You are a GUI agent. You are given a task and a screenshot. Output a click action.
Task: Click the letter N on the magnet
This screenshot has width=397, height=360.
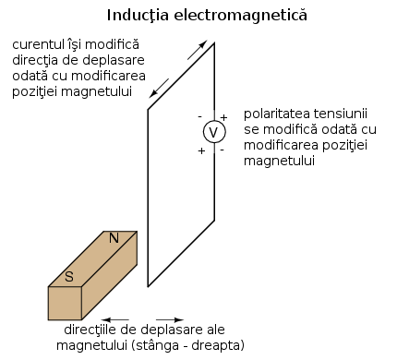(x=114, y=238)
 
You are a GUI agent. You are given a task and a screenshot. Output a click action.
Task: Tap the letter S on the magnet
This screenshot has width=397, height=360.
(x=68, y=275)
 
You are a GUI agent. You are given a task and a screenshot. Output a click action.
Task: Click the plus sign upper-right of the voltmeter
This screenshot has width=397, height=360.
(x=223, y=118)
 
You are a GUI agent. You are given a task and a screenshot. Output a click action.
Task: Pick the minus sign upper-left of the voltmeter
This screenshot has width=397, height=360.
(x=199, y=116)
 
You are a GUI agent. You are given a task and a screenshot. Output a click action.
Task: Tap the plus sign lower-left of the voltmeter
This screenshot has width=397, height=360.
(x=201, y=150)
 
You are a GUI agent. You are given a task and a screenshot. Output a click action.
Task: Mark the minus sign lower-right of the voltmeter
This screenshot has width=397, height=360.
(x=222, y=149)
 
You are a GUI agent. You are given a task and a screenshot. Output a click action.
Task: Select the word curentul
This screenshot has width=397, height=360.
(x=40, y=44)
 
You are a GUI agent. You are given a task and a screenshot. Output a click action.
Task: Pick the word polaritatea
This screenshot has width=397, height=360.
(x=278, y=113)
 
